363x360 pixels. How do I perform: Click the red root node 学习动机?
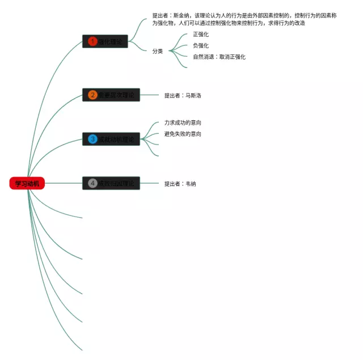pos(27,183)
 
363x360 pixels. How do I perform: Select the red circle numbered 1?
pos(92,41)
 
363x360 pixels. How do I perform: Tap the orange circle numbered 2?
pos(92,95)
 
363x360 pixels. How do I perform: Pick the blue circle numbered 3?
pos(92,139)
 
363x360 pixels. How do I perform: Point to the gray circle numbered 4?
pos(92,183)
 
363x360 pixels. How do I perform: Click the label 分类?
pos(158,51)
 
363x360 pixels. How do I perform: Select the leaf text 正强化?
pos(201,35)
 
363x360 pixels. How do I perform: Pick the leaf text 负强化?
pos(201,45)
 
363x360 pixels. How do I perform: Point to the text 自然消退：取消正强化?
pos(219,57)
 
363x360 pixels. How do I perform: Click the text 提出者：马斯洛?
pos(183,95)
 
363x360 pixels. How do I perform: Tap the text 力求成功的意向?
pos(183,122)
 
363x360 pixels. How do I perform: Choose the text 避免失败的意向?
pos(183,134)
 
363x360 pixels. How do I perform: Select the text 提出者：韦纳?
pos(180,184)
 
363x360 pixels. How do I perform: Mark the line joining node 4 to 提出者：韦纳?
pos(149,183)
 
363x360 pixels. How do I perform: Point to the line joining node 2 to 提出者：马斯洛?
pos(149,95)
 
